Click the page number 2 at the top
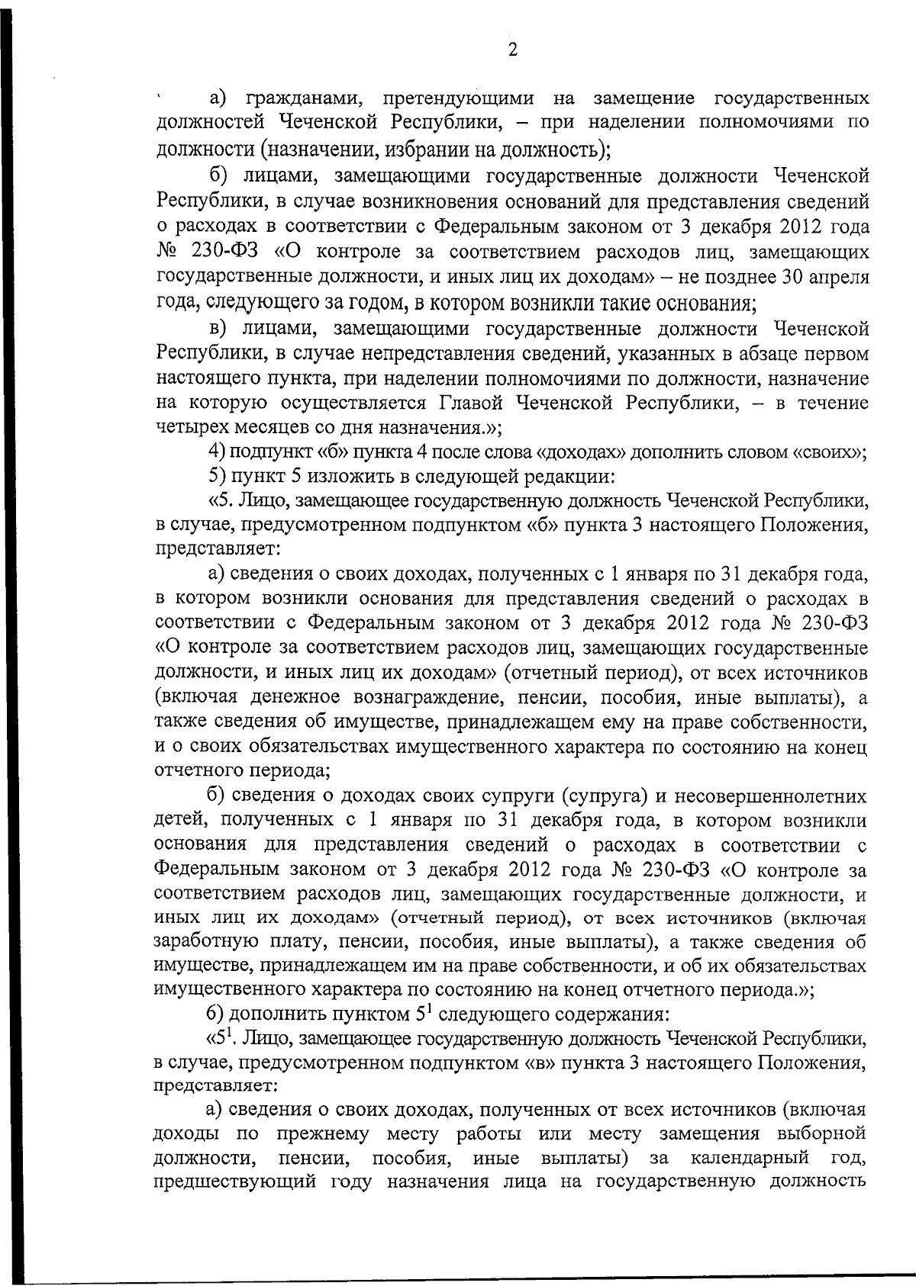pos(512,51)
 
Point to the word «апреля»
pos(838,277)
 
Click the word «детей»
pos(181,821)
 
